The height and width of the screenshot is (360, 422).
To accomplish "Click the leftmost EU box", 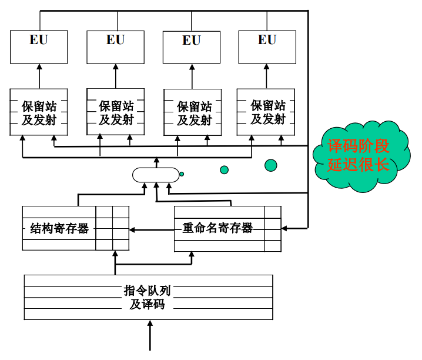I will coord(39,46).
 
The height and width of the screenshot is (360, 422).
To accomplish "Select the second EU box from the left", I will coord(115,46).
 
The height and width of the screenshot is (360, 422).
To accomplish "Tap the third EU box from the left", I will coord(191,46).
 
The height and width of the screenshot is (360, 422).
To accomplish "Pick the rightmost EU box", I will coord(267,46).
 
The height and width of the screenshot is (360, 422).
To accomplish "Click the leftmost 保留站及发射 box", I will coord(39,112).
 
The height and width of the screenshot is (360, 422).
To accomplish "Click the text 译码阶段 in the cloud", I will coord(359,146).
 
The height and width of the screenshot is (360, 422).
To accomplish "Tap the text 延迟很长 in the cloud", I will coord(359,164).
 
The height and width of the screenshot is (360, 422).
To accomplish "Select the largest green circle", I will coord(270,165).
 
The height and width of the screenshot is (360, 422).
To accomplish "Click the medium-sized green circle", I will coord(224,170).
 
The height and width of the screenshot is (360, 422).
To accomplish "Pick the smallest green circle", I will coord(182,174).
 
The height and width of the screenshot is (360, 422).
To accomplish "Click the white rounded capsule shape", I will coord(155,175).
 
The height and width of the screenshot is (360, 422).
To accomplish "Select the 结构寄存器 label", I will coord(59,228).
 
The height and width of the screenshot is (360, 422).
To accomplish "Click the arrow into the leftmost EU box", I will coord(39,75).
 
